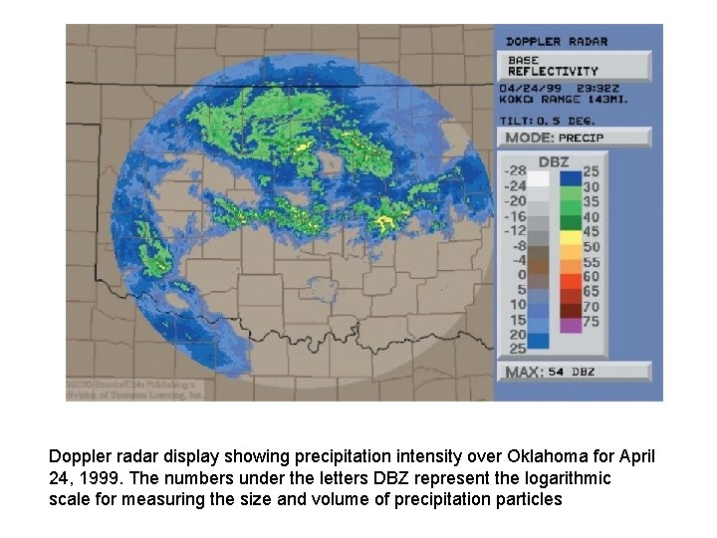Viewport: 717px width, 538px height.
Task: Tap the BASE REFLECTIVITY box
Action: pyautogui.click(x=575, y=66)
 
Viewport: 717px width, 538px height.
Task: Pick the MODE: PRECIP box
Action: pyautogui.click(x=575, y=137)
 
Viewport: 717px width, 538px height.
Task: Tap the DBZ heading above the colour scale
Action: pyautogui.click(x=554, y=161)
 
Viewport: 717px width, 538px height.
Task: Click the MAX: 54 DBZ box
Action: pyautogui.click(x=575, y=372)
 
